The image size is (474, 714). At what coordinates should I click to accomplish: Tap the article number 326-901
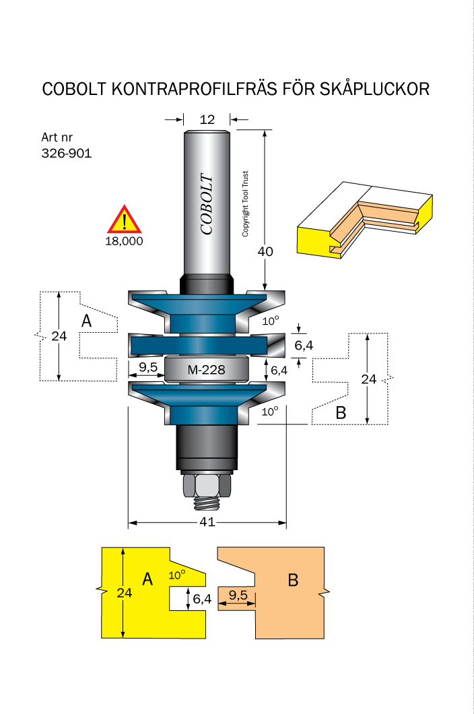(x=67, y=153)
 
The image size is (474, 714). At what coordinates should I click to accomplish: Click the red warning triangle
(x=125, y=220)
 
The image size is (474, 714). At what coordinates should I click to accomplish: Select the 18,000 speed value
(x=125, y=241)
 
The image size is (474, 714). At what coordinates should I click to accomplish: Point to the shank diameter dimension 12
(x=207, y=120)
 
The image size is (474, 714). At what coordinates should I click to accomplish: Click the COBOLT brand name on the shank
(x=207, y=205)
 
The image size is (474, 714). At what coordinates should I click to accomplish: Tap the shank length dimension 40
(x=265, y=251)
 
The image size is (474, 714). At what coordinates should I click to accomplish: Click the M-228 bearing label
(x=206, y=370)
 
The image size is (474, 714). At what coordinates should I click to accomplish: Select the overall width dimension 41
(x=207, y=522)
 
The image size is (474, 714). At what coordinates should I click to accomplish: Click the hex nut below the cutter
(x=207, y=486)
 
